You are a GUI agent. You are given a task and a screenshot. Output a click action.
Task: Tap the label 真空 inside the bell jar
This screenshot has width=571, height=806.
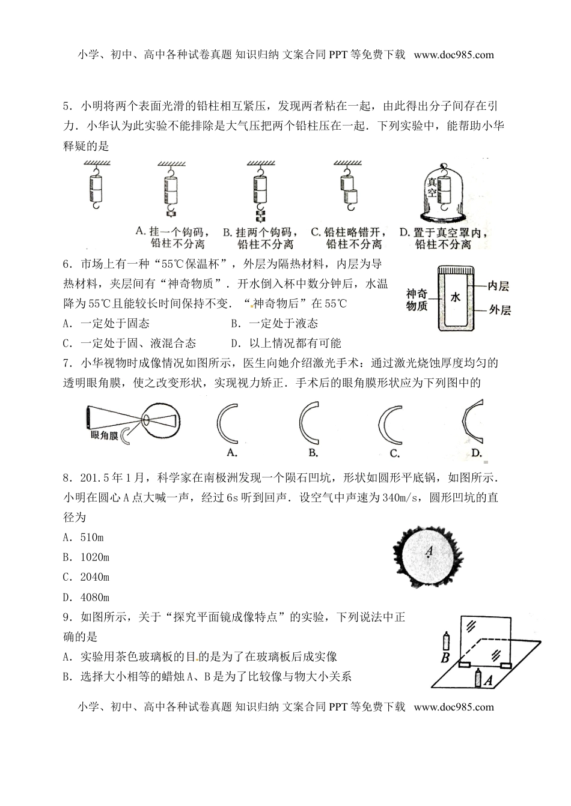pos(431,187)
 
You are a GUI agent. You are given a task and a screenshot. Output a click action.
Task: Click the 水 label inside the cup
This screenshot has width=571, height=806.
pos(455,296)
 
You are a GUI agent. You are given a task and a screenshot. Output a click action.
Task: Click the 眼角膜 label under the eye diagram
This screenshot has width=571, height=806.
pos(102,435)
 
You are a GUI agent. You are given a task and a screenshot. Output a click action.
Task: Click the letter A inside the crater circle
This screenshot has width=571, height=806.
pos(429,550)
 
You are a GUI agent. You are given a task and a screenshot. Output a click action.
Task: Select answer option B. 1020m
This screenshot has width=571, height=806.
pos(86,557)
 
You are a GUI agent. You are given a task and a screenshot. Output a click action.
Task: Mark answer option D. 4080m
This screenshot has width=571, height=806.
pos(86,597)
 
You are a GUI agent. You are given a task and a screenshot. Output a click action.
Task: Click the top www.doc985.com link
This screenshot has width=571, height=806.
pos(454,55)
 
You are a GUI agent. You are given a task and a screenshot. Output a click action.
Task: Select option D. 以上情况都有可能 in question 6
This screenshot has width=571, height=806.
pos(286,343)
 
